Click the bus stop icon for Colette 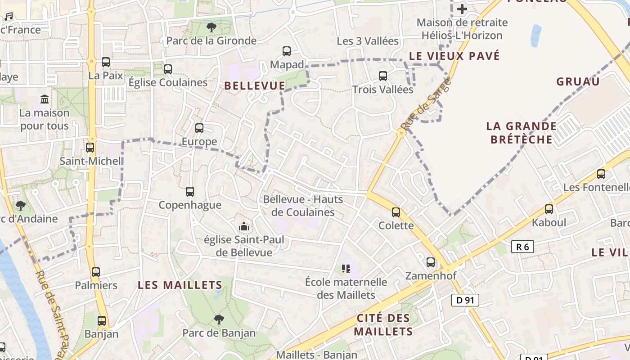coord(396,212)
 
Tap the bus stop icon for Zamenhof coord(431,262)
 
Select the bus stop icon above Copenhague coord(190,192)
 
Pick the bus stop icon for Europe coord(199,128)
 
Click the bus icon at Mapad coord(287,51)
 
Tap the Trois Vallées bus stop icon coord(383,76)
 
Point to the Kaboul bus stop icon coord(549,209)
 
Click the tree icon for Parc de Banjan coord(219,319)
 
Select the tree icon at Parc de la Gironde coord(211,27)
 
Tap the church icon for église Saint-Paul coord(244,226)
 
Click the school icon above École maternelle coord(346,269)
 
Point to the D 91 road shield coord(465,300)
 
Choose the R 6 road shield coord(522,247)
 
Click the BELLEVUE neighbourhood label coord(255,85)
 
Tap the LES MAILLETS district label coord(180,285)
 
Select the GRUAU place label coord(578,81)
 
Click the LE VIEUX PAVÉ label coord(454,56)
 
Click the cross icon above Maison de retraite coord(462,9)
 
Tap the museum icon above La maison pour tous coord(45,99)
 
